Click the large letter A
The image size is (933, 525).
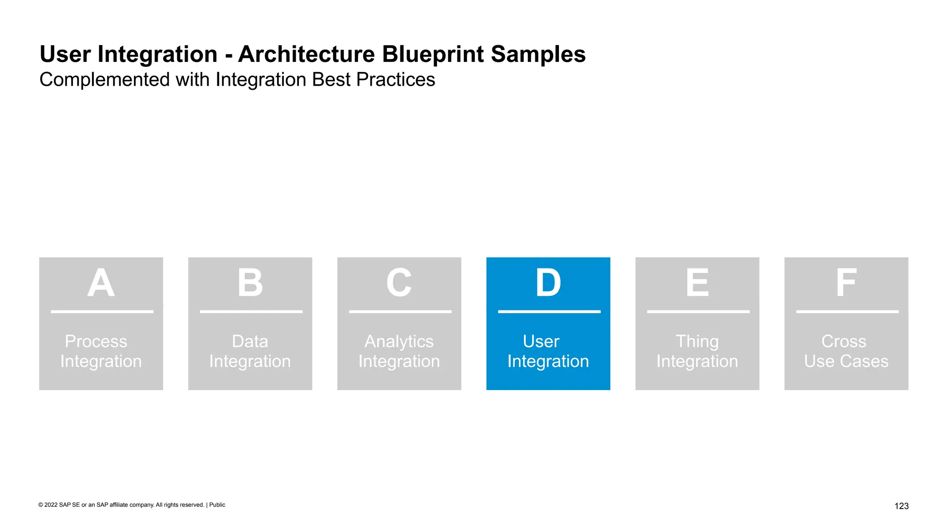click(101, 283)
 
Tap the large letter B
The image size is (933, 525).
click(250, 283)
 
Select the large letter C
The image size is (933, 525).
click(399, 283)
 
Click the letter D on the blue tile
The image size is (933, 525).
click(548, 283)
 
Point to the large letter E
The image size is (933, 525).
click(697, 283)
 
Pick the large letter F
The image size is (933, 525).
click(846, 283)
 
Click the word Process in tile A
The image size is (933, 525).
click(96, 341)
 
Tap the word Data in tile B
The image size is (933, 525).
click(250, 341)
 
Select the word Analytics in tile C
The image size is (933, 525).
click(399, 341)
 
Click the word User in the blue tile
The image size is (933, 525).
click(541, 341)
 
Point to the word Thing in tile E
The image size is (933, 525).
click(697, 341)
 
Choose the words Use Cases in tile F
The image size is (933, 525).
click(846, 361)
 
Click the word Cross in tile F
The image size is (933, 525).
click(844, 341)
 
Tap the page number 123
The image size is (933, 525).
click(901, 506)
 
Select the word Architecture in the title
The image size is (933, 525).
click(306, 54)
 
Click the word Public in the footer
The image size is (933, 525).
click(217, 505)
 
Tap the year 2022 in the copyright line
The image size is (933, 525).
click(51, 505)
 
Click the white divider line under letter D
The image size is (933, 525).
click(549, 312)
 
